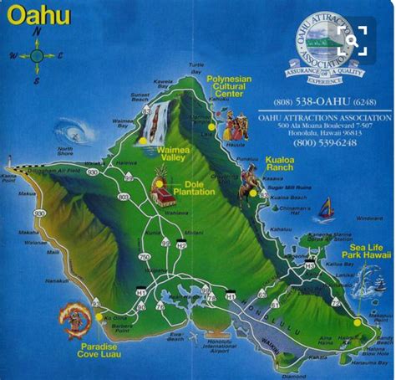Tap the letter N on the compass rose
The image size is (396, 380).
pos(37,32)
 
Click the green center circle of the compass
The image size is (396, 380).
pos(37,56)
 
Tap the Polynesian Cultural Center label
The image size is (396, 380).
pos(228,87)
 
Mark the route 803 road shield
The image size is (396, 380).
pos(123,197)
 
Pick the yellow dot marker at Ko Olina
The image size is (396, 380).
pos(102,317)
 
